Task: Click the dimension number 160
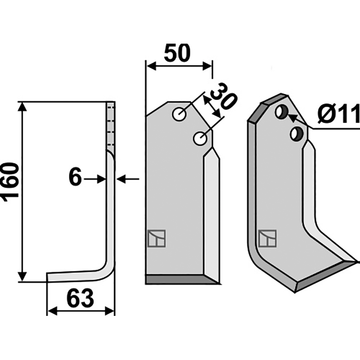(x=10, y=182)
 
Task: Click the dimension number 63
(x=81, y=298)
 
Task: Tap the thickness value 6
(x=75, y=177)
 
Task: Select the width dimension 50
(x=177, y=53)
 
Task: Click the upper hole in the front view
(x=179, y=114)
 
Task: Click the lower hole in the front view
(x=200, y=139)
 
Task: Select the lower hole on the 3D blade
(x=297, y=134)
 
